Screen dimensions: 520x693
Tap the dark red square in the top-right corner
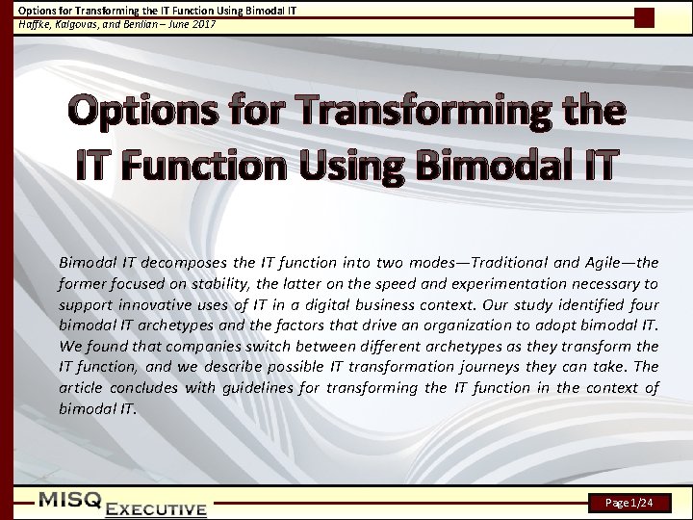pos(644,17)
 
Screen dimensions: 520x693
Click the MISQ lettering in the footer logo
pos(71,499)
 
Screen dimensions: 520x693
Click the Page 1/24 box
pos(632,503)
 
